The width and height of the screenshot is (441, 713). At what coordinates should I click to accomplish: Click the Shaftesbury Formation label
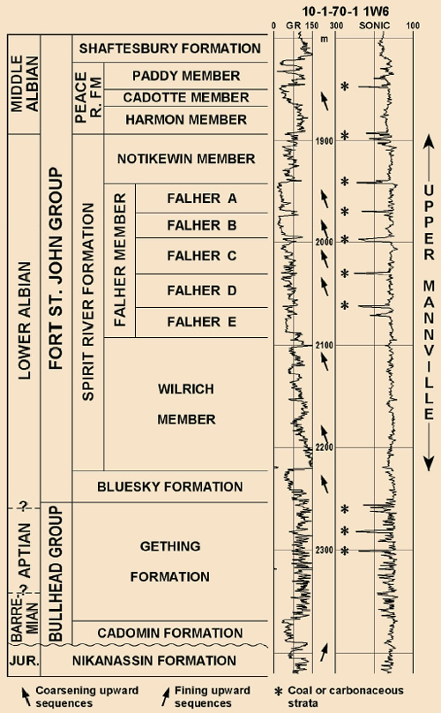pyautogui.click(x=169, y=49)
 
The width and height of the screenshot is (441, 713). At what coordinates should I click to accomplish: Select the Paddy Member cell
pyautogui.click(x=186, y=76)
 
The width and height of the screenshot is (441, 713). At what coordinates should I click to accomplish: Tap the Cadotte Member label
pyautogui.click(x=186, y=98)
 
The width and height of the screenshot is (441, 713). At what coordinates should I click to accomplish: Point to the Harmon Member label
pyautogui.click(x=186, y=120)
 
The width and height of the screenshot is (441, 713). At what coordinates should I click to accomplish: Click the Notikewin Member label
pyautogui.click(x=186, y=159)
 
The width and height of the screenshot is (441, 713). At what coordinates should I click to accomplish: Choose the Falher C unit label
pyautogui.click(x=202, y=256)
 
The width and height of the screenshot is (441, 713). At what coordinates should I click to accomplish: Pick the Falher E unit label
pyautogui.click(x=202, y=322)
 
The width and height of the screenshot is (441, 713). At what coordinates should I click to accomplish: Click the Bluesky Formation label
pyautogui.click(x=169, y=487)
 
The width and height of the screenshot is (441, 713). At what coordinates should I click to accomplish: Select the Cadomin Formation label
pyautogui.click(x=169, y=634)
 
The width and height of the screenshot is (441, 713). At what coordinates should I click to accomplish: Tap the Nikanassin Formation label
pyautogui.click(x=154, y=661)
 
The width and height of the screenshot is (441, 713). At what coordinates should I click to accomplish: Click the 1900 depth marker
pyautogui.click(x=325, y=141)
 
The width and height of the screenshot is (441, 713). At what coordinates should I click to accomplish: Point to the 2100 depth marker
pyautogui.click(x=325, y=346)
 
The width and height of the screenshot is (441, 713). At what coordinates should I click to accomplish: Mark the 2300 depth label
pyautogui.click(x=325, y=551)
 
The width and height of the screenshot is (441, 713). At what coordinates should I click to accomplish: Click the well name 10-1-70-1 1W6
pyautogui.click(x=346, y=11)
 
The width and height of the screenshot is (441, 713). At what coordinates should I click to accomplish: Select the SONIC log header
pyautogui.click(x=374, y=26)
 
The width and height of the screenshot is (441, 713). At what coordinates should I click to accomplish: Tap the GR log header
pyautogui.click(x=293, y=26)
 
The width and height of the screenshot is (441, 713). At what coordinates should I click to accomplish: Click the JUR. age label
pyautogui.click(x=24, y=661)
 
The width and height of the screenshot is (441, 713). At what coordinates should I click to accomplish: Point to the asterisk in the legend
pyautogui.click(x=278, y=692)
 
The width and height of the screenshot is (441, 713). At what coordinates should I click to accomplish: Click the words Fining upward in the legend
pyautogui.click(x=213, y=691)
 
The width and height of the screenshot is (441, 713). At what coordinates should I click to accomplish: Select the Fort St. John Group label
pyautogui.click(x=56, y=268)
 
